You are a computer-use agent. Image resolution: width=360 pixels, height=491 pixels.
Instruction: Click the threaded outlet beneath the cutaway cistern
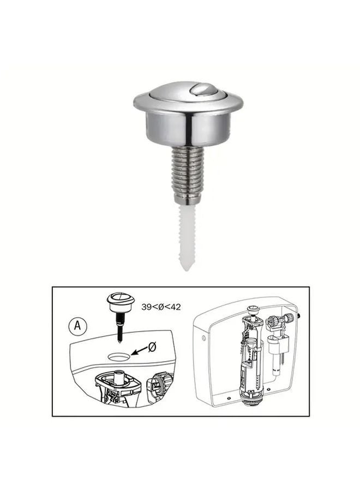pyautogui.click(x=252, y=403)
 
